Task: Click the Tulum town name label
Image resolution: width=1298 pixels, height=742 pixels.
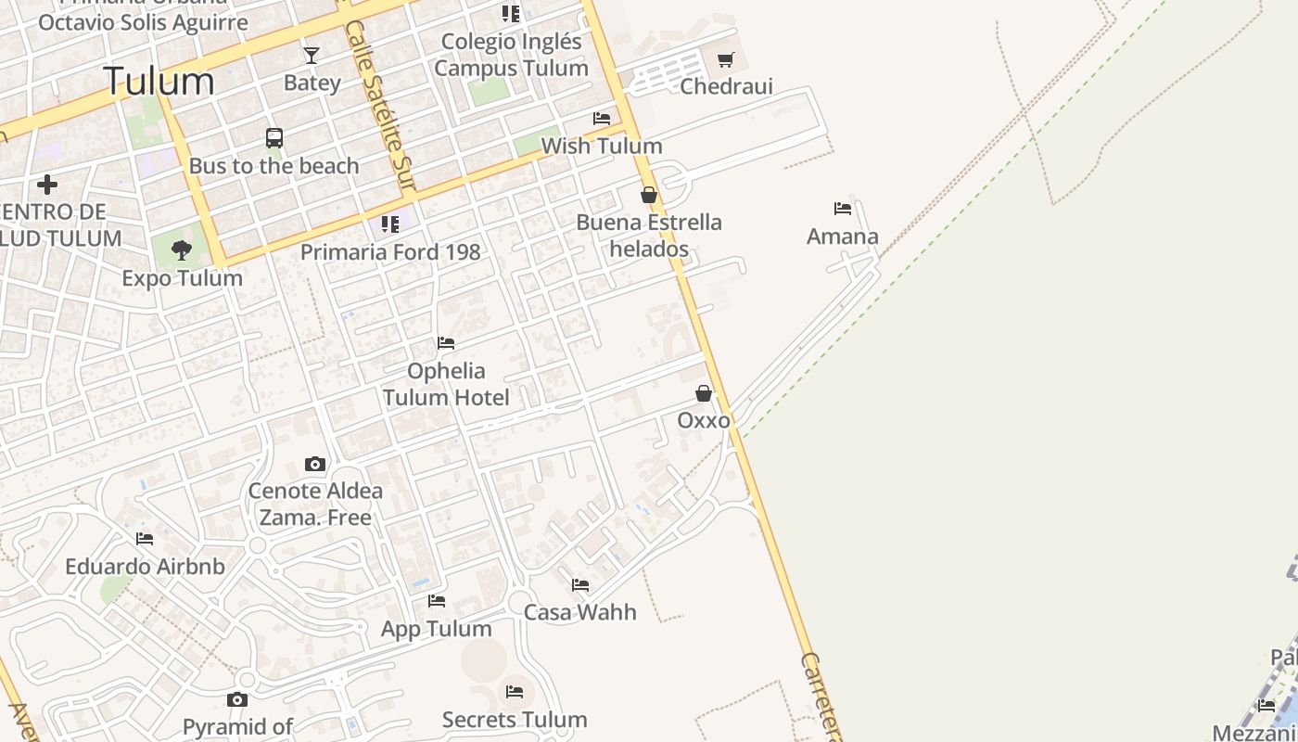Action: coord(159,82)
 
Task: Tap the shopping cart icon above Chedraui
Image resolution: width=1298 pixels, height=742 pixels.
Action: coord(726,60)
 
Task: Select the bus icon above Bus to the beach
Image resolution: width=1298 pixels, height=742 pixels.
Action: coord(274,138)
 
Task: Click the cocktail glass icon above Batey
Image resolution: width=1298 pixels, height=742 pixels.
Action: coord(312,56)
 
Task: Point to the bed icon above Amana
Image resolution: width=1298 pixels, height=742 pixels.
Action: coord(842,209)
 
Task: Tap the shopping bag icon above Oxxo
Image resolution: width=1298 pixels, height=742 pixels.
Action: coord(704,393)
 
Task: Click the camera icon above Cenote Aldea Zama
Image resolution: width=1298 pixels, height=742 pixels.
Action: coord(315,464)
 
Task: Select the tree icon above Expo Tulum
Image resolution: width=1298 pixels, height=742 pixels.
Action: coord(182,249)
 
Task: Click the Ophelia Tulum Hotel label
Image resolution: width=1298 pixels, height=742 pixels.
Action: coord(446,384)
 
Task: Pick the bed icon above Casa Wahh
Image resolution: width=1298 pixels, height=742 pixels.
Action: coord(580,585)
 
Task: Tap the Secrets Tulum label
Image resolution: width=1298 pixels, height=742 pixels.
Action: coord(515,720)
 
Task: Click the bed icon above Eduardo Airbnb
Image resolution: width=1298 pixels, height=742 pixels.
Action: coord(145,539)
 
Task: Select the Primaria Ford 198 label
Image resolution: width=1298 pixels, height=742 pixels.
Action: coord(390,251)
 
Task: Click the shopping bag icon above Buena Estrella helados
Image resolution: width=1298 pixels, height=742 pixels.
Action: coord(649,195)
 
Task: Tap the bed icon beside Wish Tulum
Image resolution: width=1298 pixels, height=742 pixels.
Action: coord(602,119)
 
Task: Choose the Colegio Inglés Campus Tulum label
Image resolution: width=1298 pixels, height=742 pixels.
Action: coord(511,55)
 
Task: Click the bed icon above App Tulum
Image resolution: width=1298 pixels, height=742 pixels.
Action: coord(437,601)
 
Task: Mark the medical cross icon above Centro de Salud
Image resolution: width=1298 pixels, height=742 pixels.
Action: coord(47,185)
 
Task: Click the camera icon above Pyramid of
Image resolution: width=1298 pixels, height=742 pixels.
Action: coord(237,699)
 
